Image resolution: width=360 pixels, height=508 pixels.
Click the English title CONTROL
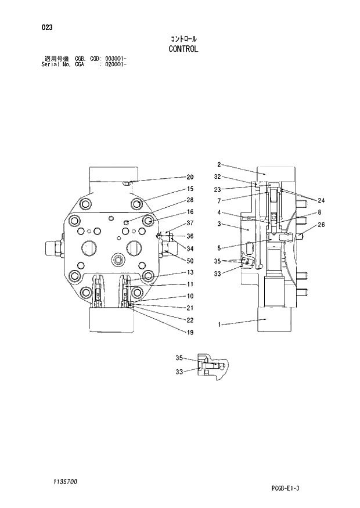pos(183,49)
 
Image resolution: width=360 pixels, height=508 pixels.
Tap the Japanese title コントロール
pos(183,38)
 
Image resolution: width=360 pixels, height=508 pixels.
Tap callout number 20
pos(190,177)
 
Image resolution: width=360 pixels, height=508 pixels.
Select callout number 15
pos(190,189)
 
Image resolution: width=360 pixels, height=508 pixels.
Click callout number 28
pos(190,200)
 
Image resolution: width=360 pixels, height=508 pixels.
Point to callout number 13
pos(190,272)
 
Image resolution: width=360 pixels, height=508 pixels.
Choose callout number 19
pos(190,333)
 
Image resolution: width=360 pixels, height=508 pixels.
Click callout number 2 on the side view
pos(219,164)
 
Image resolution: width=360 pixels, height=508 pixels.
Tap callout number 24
pos(321,200)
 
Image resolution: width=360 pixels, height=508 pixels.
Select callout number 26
pos(321,225)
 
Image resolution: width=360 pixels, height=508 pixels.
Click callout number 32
pos(217,176)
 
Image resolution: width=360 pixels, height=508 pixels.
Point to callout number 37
pos(190,224)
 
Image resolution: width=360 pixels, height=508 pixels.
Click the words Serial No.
pos(58,64)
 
